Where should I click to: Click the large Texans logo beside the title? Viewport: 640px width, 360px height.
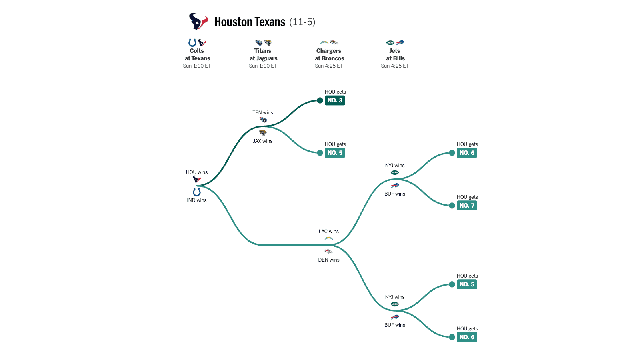click(198, 21)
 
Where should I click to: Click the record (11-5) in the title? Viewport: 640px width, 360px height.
click(302, 22)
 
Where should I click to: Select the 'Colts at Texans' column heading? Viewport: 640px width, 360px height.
click(197, 55)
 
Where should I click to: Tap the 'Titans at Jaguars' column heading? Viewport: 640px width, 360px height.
click(263, 55)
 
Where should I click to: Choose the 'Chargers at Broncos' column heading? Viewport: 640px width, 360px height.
click(329, 55)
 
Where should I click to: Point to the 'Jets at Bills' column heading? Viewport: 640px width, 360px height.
click(395, 55)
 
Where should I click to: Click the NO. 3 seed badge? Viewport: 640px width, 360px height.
click(335, 100)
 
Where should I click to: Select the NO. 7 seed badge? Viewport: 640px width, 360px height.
click(467, 206)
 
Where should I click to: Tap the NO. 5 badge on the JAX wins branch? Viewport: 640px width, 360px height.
click(335, 153)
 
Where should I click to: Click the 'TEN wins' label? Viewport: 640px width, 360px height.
click(263, 113)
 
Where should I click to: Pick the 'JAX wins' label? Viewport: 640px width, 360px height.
click(263, 141)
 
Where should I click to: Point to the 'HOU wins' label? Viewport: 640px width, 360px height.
click(197, 172)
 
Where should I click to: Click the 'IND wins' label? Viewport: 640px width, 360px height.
click(197, 200)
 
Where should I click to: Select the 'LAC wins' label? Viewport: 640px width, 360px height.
click(329, 232)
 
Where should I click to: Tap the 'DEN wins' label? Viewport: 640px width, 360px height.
click(329, 260)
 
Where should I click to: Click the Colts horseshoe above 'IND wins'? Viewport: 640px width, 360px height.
click(197, 192)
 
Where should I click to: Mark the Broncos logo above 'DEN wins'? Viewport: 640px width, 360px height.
click(329, 252)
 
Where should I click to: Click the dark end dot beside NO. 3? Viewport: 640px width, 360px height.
click(320, 100)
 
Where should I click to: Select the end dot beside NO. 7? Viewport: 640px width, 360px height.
click(452, 206)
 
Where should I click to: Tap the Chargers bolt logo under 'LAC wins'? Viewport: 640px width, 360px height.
click(329, 238)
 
